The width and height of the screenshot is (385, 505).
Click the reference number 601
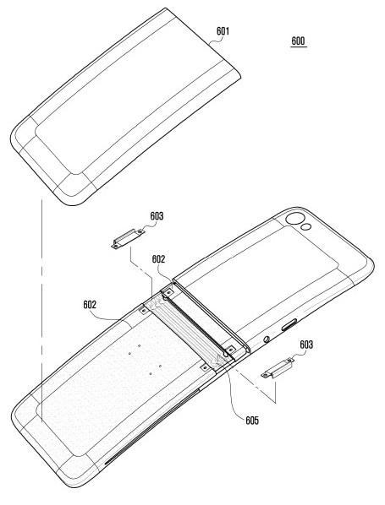(223, 31)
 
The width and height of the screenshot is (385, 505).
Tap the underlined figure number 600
(298, 41)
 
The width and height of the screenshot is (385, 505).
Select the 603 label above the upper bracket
(157, 216)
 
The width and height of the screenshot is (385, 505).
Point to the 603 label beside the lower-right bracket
(306, 345)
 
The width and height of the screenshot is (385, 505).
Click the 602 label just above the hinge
(158, 259)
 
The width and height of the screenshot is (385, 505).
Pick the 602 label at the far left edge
(90, 305)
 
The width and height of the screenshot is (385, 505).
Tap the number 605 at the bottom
(252, 421)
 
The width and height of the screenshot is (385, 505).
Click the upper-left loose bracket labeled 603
(128, 239)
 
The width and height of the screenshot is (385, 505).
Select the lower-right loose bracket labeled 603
(278, 368)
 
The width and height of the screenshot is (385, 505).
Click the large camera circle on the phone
(294, 219)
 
